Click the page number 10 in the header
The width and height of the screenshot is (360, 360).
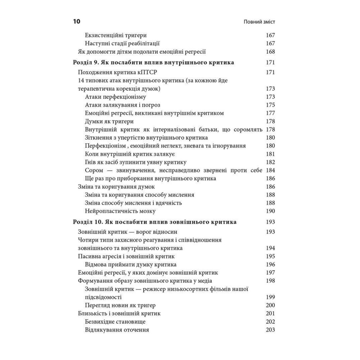76,22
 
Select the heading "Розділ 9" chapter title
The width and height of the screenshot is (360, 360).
153,62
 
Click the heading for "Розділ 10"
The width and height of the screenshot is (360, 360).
155,222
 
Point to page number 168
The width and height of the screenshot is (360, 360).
270,51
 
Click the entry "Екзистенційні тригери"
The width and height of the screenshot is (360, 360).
116,35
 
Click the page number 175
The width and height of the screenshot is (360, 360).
270,105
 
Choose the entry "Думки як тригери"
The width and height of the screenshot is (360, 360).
109,121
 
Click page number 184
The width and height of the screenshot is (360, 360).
270,170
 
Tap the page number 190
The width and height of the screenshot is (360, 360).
270,211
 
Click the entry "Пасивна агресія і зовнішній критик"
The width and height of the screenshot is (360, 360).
126,256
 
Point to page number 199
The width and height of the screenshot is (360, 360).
270,297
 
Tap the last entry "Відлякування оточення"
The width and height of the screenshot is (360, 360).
117,330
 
